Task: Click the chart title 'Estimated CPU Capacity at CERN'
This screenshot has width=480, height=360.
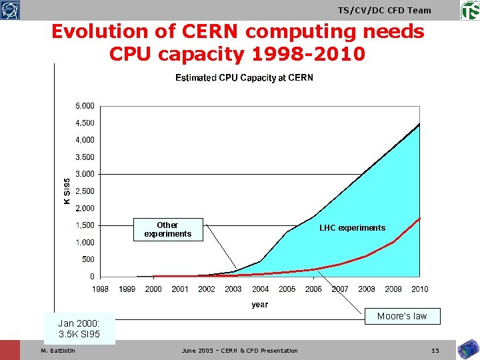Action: [x=244, y=78]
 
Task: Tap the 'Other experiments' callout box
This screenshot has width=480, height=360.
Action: [x=167, y=229]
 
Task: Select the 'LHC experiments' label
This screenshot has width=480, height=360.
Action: [x=352, y=228]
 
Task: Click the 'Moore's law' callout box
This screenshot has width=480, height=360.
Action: [x=401, y=316]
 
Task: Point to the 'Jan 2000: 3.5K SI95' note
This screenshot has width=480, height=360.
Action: [x=79, y=328]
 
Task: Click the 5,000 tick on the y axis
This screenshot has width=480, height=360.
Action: [x=83, y=106]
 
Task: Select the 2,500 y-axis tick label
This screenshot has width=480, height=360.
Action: [x=83, y=191]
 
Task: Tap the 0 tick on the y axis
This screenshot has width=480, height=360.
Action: [x=92, y=277]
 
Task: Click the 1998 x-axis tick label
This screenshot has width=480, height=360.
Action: [x=100, y=289]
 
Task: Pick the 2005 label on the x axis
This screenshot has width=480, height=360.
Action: [x=287, y=289]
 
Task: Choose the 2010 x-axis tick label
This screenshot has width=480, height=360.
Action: [x=420, y=289]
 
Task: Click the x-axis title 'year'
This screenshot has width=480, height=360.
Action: [x=260, y=305]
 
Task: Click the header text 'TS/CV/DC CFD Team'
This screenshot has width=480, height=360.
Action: [x=385, y=10]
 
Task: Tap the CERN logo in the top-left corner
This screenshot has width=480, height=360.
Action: [x=11, y=9]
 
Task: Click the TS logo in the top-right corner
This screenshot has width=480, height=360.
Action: [x=469, y=10]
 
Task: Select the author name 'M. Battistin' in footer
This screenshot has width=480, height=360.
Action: [x=58, y=351]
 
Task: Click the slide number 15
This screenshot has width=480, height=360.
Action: [x=435, y=351]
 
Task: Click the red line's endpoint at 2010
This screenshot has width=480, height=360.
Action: [x=419, y=218]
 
